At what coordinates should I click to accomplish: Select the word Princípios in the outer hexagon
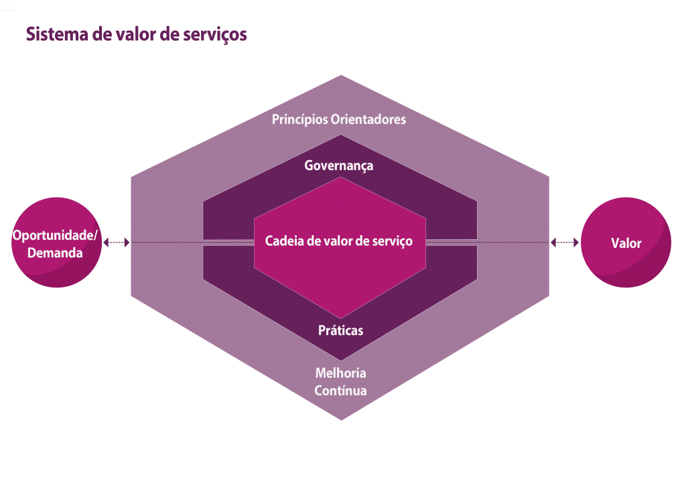click(299, 120)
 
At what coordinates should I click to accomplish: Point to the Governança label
click(339, 165)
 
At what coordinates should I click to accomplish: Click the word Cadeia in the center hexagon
click(284, 241)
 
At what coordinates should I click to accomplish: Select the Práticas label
click(341, 330)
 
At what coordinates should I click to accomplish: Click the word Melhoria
click(341, 373)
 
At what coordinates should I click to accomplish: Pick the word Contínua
click(341, 391)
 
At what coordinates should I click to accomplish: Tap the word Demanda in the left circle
click(56, 253)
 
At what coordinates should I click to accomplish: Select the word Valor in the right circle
click(626, 243)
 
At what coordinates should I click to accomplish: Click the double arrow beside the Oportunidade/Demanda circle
click(117, 243)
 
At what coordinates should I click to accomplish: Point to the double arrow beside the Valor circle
click(564, 243)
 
